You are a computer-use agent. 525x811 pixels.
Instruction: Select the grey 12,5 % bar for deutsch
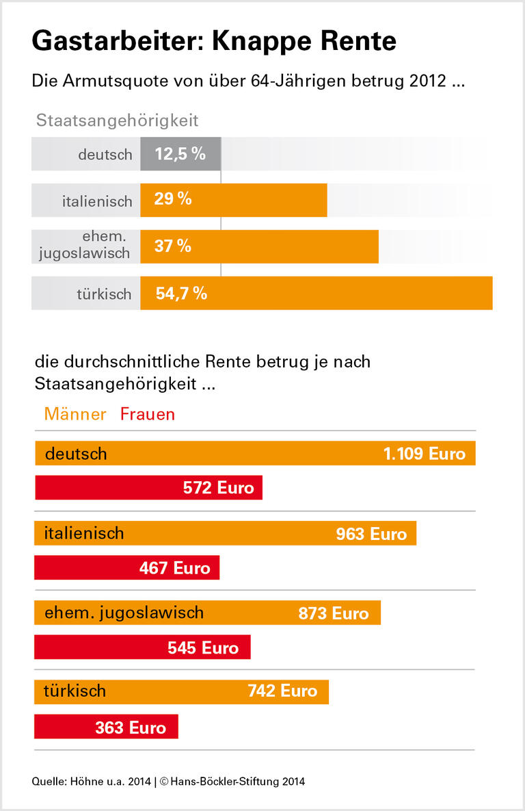[180, 154]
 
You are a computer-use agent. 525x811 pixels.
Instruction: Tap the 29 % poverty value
[173, 200]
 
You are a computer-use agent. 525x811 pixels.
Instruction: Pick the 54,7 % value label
[181, 294]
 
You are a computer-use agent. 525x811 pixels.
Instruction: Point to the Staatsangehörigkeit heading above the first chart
[117, 120]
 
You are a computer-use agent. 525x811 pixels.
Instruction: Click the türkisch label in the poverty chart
[104, 294]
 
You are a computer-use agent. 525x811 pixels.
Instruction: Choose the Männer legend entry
[75, 414]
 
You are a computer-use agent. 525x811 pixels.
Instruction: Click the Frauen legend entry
[148, 414]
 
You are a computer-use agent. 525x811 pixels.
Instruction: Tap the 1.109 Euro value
[424, 454]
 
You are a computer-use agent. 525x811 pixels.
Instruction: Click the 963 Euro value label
[371, 534]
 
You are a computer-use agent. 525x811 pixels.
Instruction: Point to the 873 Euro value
[334, 613]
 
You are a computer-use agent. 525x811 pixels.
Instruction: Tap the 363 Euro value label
[131, 728]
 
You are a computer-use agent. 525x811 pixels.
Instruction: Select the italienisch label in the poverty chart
[97, 202]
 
